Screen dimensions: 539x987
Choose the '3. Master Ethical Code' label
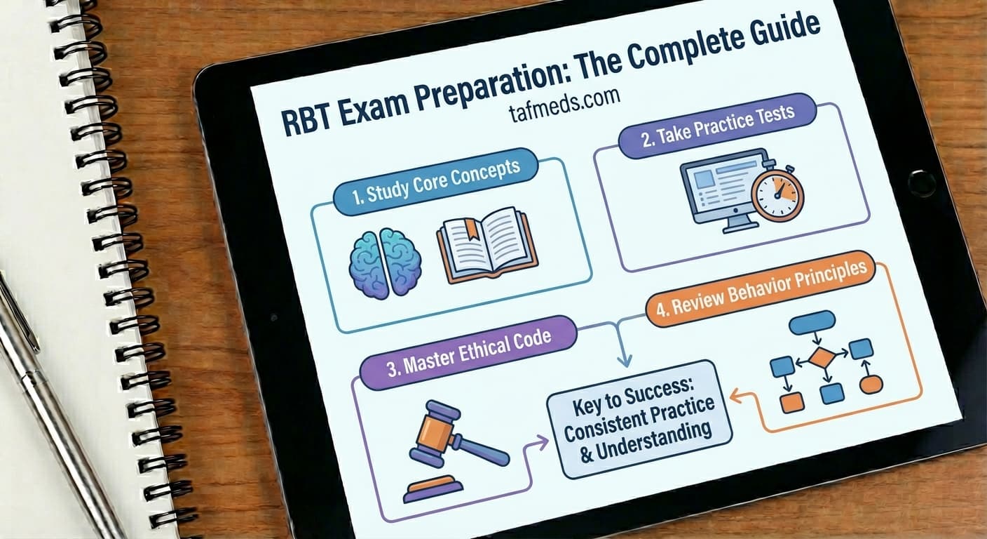coord(468,348)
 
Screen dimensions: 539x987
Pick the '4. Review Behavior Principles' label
coord(760,291)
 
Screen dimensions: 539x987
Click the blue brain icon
coord(385,260)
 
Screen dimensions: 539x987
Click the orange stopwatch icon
coord(777,194)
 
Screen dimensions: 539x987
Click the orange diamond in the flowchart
coord(822,359)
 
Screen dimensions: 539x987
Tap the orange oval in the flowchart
coord(871,384)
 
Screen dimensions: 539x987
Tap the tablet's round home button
coord(921,182)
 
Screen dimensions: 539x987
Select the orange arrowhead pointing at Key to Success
coord(735,397)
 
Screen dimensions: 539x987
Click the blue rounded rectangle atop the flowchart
coord(812,322)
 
